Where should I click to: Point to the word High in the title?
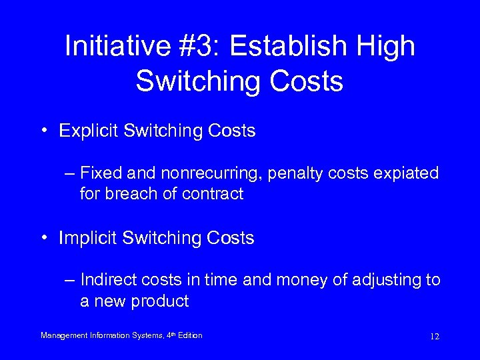(386, 46)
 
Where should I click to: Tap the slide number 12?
(434, 336)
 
